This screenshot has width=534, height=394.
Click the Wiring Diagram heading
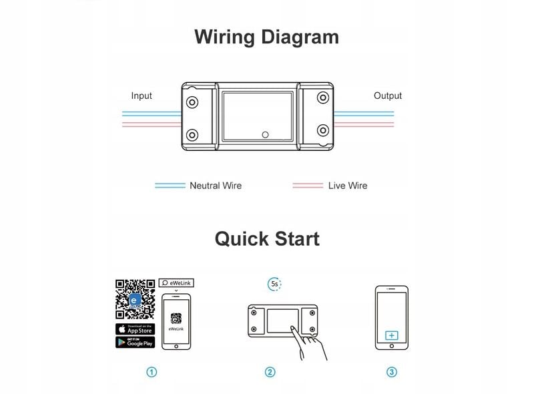pos(266,37)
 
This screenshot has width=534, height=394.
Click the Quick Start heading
pos(266,238)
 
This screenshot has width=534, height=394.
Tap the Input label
pos(142,95)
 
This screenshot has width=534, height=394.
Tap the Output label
pos(387,95)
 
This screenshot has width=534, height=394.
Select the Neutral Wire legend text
pos(216,186)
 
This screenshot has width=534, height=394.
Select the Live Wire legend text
pos(347,186)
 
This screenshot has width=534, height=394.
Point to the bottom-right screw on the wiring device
pos(323,130)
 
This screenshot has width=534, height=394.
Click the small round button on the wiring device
pos(265,134)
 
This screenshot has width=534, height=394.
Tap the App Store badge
pos(136,329)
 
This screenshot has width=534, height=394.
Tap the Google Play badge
pos(136,342)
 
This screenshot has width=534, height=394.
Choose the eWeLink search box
pos(176,283)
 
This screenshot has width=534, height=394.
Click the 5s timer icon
pos(274,284)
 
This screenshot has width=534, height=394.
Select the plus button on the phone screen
pos(391,335)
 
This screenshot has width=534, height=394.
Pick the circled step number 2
pos(270,372)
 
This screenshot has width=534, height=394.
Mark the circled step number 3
pos(391,372)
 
